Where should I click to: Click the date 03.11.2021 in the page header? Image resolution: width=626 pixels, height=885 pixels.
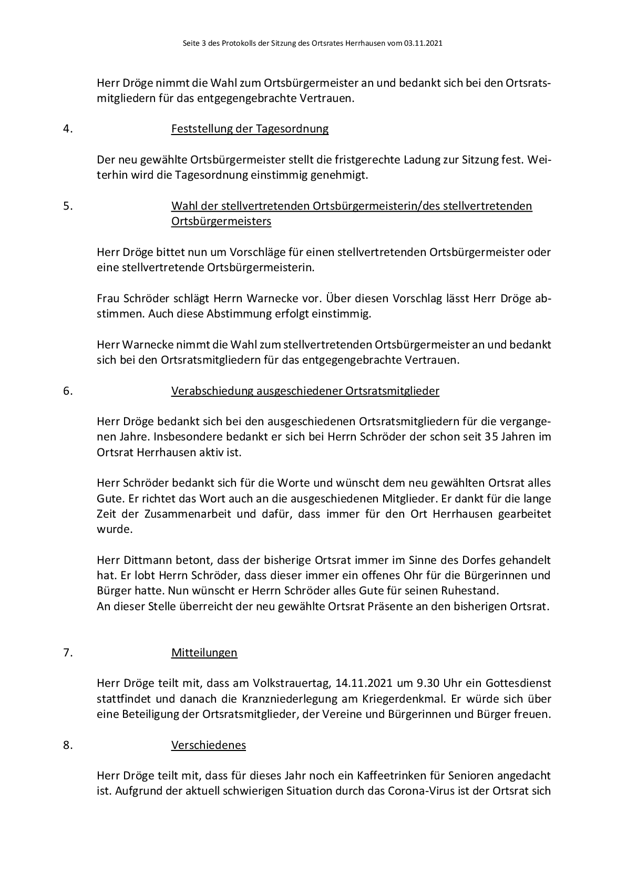423,44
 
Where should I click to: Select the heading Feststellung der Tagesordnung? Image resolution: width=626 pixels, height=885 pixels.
250,129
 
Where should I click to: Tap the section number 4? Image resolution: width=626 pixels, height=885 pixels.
68,129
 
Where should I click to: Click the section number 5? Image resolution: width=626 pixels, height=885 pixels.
68,206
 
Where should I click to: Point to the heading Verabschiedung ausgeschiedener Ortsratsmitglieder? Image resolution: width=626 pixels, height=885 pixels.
305,391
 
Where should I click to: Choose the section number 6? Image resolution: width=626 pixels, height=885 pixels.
68,391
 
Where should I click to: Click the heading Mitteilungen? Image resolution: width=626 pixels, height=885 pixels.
204,653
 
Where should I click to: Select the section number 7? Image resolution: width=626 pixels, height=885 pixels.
68,653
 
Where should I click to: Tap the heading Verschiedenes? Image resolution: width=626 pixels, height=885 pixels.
208,745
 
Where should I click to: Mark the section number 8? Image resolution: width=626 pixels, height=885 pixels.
68,745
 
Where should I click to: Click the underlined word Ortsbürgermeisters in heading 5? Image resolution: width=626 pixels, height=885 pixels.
221,221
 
